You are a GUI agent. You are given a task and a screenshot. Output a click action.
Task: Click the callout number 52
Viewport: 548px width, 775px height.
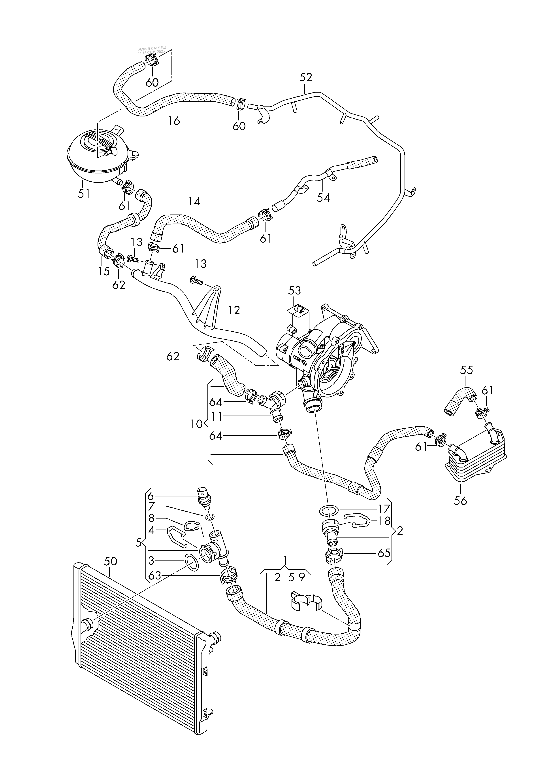306,78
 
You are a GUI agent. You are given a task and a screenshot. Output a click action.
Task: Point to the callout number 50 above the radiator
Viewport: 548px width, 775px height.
110,561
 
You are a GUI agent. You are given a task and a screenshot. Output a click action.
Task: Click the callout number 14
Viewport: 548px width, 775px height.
194,202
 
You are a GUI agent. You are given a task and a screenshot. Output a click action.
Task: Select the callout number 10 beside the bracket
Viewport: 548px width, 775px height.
196,424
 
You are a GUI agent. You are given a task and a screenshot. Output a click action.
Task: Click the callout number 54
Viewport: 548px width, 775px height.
323,198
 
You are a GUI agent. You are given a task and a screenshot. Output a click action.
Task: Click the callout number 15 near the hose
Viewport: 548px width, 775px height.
104,271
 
